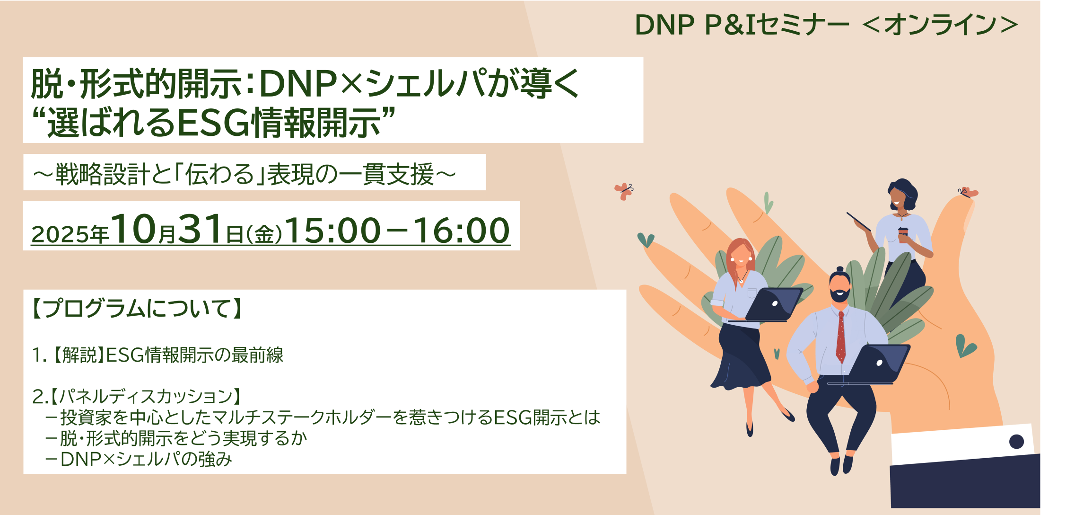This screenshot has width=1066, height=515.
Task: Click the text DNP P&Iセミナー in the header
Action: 741,25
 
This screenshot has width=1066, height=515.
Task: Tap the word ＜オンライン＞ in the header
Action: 940,25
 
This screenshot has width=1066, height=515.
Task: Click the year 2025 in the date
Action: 60,234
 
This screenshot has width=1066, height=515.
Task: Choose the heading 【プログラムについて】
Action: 137,308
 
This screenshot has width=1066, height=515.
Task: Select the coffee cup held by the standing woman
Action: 903,234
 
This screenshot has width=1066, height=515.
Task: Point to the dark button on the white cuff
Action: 1016,442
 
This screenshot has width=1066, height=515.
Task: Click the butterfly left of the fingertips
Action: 624,191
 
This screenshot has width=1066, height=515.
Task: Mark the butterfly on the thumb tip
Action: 967,192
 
